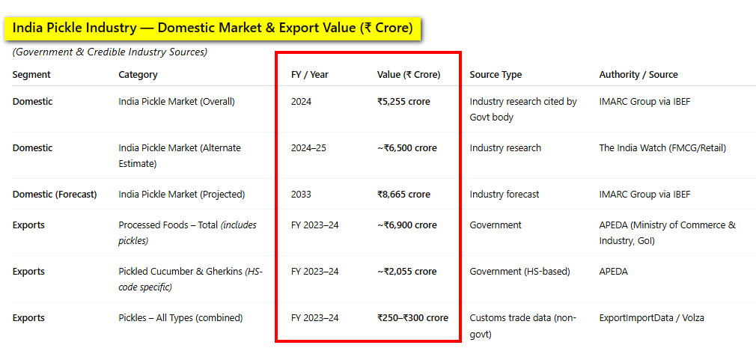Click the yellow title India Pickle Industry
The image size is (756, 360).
click(212, 28)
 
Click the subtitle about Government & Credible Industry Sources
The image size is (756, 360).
click(110, 52)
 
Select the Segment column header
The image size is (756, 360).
click(31, 75)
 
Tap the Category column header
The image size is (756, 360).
click(138, 75)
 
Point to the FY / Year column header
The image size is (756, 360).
click(310, 75)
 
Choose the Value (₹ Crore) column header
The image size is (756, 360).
click(409, 75)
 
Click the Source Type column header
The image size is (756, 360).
click(496, 75)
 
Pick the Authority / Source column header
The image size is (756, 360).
click(638, 75)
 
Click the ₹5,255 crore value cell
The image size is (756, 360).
click(403, 102)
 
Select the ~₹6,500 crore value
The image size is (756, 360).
click(407, 148)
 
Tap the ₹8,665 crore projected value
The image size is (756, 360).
click(403, 194)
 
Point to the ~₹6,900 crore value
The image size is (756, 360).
click(407, 225)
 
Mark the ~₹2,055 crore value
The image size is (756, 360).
click(407, 272)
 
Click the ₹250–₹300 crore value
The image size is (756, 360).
click(412, 317)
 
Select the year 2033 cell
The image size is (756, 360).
click(302, 194)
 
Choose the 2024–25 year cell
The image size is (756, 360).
click(308, 148)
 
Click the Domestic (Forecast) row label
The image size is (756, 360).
click(55, 194)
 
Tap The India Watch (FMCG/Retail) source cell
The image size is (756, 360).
click(662, 148)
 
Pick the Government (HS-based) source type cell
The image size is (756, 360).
click(519, 272)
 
